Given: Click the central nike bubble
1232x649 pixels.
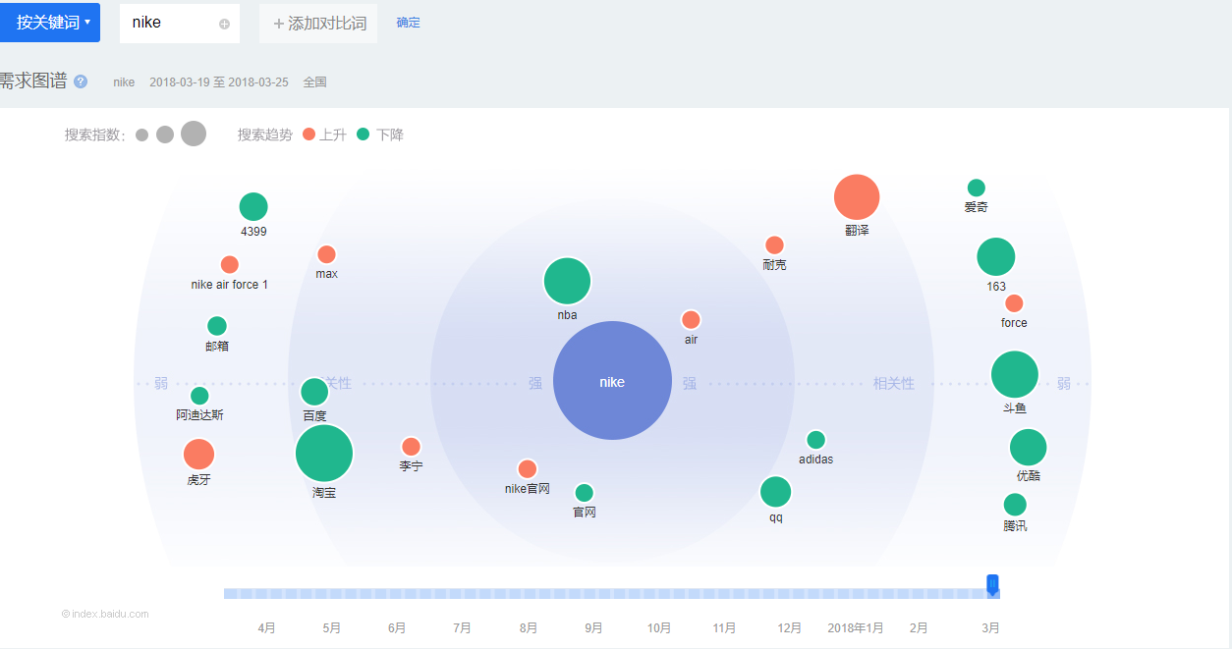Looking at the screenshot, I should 612,381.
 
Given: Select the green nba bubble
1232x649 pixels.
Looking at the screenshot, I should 567,282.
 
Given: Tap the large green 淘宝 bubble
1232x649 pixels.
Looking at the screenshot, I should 324,454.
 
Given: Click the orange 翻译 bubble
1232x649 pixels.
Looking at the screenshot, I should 857,197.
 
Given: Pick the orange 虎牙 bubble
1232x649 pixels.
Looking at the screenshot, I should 198,455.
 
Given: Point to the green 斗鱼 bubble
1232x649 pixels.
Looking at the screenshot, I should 1015,374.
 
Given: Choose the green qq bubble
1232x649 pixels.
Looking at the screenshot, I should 775,491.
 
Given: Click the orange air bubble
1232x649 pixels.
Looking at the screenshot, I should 691,320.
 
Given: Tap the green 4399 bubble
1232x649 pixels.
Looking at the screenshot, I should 253,207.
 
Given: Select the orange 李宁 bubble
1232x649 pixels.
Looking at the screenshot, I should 411,447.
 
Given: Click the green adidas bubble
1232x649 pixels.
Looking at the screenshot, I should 815,440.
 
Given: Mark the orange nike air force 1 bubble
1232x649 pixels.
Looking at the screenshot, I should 230,265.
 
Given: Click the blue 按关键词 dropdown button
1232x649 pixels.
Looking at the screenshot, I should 50,22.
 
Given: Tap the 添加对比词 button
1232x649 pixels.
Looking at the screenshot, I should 318,23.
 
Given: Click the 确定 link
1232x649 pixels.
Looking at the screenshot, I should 409,23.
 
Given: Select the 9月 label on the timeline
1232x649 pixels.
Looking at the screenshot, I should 593,628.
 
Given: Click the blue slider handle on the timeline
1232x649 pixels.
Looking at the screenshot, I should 992,585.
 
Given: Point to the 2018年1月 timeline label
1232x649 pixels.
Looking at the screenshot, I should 855,628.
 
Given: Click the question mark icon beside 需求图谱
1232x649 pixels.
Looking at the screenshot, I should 81,81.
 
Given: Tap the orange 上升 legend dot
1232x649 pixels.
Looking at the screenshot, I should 309,135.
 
